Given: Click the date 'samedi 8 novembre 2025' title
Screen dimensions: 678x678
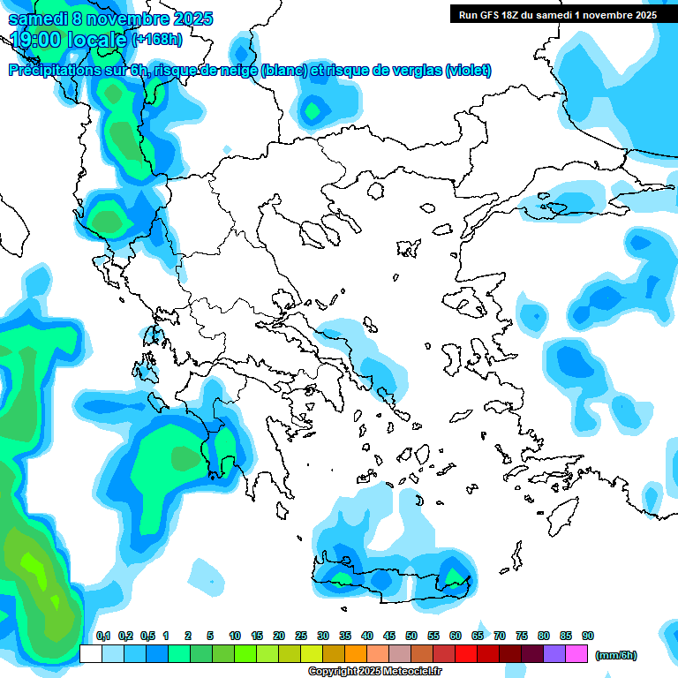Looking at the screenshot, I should pos(110,18).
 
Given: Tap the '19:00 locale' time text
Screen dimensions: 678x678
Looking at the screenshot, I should pos(69,39).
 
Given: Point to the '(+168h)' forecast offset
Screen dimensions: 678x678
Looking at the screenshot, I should pos(156,39).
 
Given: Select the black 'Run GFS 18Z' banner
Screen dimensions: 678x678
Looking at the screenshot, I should pos(557,14).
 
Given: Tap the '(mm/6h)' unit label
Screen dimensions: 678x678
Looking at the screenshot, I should pos(615,655).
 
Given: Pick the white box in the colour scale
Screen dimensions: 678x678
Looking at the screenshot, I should pos(91,653).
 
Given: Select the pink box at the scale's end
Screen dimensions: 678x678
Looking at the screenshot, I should pos(576,653).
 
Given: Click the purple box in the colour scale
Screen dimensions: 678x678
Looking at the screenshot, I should pos(554,653).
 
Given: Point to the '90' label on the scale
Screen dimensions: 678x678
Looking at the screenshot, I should pos(588,636).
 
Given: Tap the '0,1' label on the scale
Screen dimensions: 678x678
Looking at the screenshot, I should pos(102,636).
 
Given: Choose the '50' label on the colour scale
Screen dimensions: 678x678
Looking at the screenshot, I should pos(411,636).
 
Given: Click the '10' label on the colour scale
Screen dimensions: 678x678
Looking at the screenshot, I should pos(235,636).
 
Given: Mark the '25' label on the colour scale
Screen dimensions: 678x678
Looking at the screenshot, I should pos(301,636).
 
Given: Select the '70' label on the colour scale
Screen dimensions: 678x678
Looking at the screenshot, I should pos(500,636).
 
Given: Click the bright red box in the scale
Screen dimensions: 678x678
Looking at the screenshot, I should pos(466,653).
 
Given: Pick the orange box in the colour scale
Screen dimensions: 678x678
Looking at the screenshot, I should pos(356,653).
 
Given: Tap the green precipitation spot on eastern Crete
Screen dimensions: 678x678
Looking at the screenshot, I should pos(456,577).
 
